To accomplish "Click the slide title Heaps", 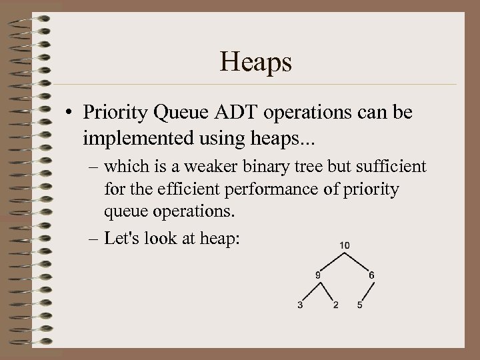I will (255, 63).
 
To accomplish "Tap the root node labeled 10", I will (344, 245).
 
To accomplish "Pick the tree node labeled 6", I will (371, 274).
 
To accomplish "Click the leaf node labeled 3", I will (301, 305).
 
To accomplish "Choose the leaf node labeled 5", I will (360, 305).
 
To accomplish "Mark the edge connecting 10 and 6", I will (357, 261).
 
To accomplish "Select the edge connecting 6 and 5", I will (365, 291).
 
